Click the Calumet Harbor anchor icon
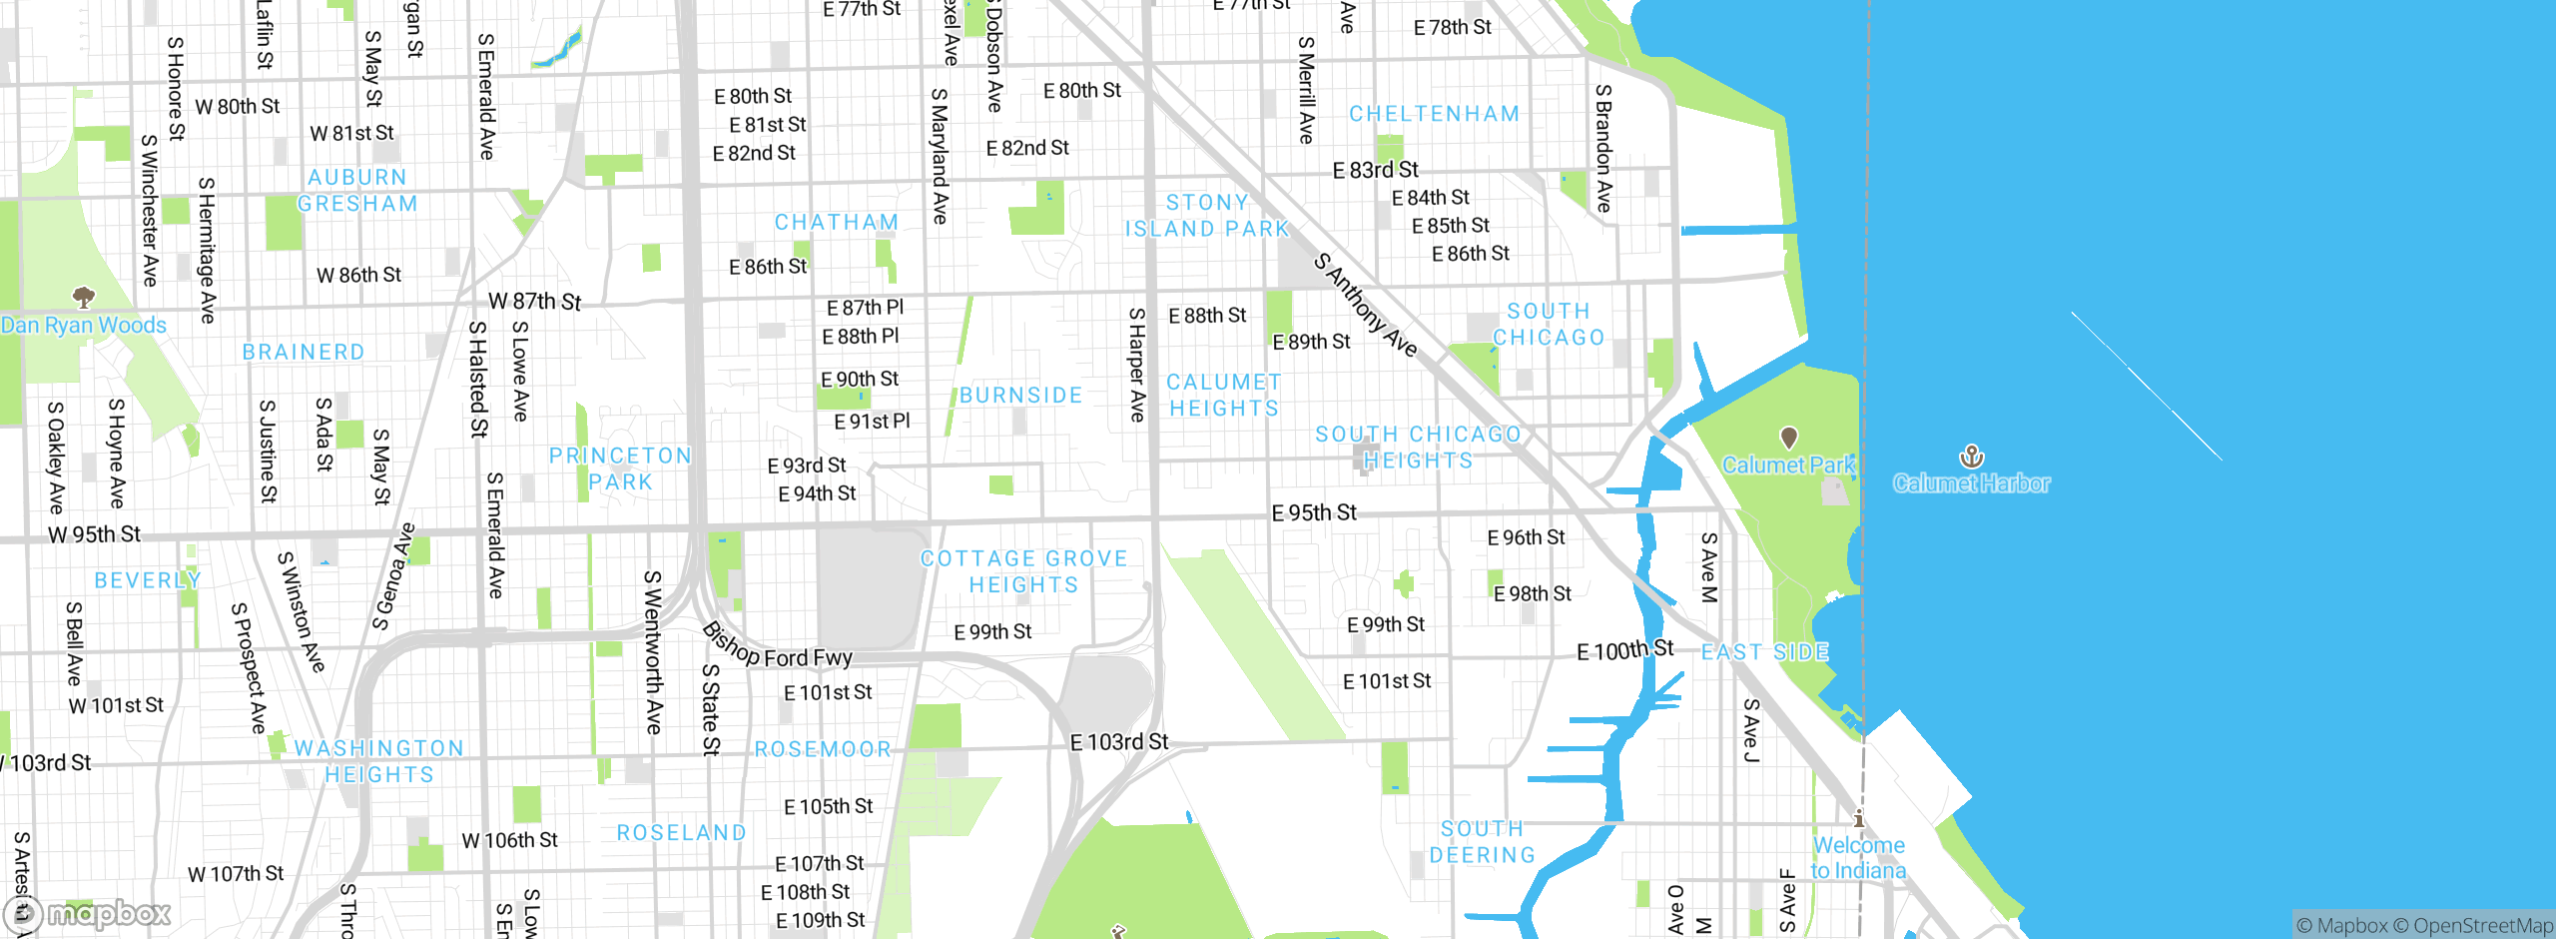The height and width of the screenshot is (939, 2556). (x=1971, y=457)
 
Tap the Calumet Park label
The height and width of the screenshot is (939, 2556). (x=1787, y=465)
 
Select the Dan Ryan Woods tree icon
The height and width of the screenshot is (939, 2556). (x=84, y=296)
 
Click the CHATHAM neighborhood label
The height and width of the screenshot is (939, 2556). (x=837, y=222)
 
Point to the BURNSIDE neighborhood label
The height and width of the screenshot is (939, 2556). (x=1020, y=396)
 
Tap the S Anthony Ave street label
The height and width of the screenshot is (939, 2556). (x=1365, y=305)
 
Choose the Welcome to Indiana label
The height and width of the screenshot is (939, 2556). (x=1858, y=858)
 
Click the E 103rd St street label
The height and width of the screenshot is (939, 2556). (x=1118, y=742)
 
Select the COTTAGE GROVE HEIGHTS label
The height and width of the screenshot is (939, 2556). (x=1023, y=571)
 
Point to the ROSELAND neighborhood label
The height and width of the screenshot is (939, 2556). (x=681, y=833)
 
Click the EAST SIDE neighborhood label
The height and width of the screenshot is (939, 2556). (x=1764, y=652)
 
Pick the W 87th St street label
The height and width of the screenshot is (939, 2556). (x=534, y=301)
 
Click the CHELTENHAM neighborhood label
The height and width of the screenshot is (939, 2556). (x=1434, y=114)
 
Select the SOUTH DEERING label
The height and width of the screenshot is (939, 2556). (x=1482, y=842)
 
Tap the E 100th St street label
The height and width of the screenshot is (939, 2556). (x=1624, y=650)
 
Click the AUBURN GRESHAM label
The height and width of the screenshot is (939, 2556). (x=357, y=190)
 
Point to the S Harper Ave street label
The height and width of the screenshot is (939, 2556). (x=1136, y=365)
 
